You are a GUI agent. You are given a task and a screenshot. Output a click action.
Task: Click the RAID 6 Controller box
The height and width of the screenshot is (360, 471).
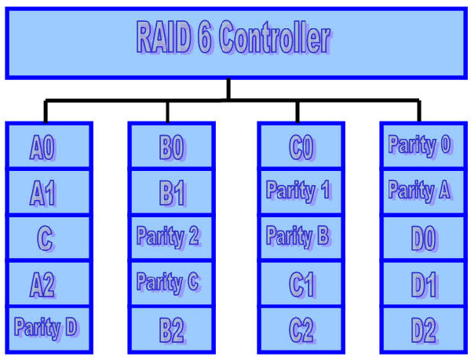(234, 41)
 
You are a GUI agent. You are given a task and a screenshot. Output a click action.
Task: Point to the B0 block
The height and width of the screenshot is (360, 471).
(170, 146)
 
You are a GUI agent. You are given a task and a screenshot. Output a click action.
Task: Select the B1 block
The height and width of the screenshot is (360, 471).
(170, 192)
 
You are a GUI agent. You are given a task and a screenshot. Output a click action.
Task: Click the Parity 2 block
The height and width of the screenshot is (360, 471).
(170, 238)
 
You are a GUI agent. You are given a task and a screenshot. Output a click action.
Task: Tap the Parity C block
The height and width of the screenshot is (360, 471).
(170, 284)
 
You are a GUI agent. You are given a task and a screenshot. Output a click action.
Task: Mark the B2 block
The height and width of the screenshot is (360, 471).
(170, 329)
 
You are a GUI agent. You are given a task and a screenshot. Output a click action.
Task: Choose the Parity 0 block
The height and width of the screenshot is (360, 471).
(422, 146)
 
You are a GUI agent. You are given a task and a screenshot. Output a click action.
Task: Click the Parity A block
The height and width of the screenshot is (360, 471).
(422, 192)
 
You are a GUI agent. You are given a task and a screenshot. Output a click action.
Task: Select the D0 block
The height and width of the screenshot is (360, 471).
(422, 238)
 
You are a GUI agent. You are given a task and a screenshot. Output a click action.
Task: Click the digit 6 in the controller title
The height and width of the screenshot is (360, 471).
(203, 38)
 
